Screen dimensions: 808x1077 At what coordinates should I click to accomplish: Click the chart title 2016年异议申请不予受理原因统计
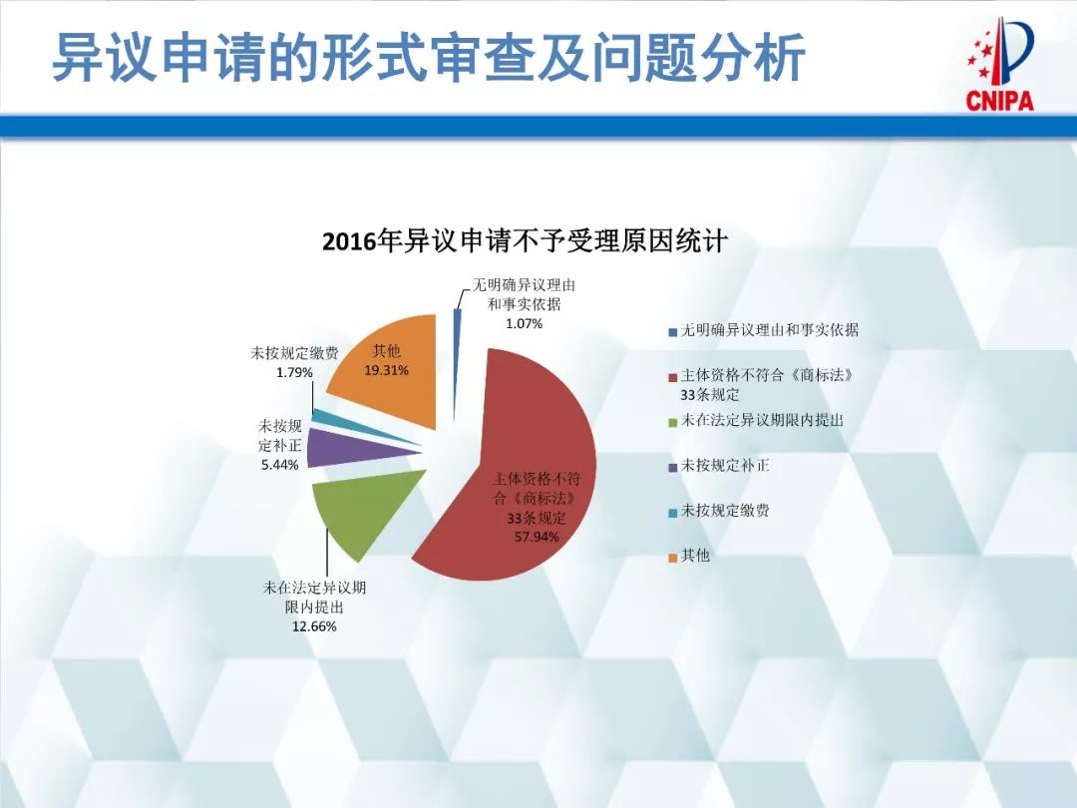(x=525, y=242)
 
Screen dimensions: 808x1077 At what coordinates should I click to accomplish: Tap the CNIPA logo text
(x=999, y=100)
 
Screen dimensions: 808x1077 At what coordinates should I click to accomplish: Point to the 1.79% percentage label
(x=294, y=372)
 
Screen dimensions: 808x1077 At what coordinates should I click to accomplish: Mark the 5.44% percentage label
(x=279, y=465)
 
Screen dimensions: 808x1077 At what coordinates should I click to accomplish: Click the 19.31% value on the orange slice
(x=387, y=370)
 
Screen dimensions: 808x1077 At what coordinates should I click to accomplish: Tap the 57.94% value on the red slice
(x=537, y=537)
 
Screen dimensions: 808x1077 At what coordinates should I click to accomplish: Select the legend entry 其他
(x=695, y=556)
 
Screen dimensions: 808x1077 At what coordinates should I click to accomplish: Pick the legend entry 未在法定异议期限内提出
(x=762, y=420)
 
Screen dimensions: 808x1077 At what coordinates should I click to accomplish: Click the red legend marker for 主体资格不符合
(x=673, y=377)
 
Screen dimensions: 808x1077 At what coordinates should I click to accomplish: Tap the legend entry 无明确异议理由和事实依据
(x=769, y=330)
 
